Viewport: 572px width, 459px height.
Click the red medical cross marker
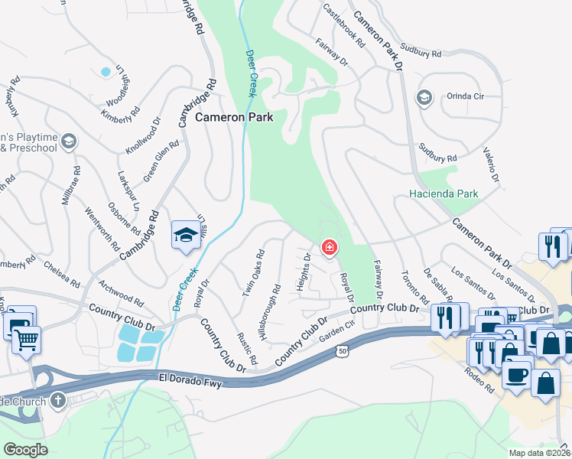pos(330,248)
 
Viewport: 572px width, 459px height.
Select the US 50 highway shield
pos(340,349)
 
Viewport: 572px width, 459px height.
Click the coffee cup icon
pos(516,375)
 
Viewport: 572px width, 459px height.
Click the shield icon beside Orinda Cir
pos(424,97)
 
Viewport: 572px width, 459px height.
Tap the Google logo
pos(25,450)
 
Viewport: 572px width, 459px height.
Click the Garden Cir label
pos(338,333)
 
